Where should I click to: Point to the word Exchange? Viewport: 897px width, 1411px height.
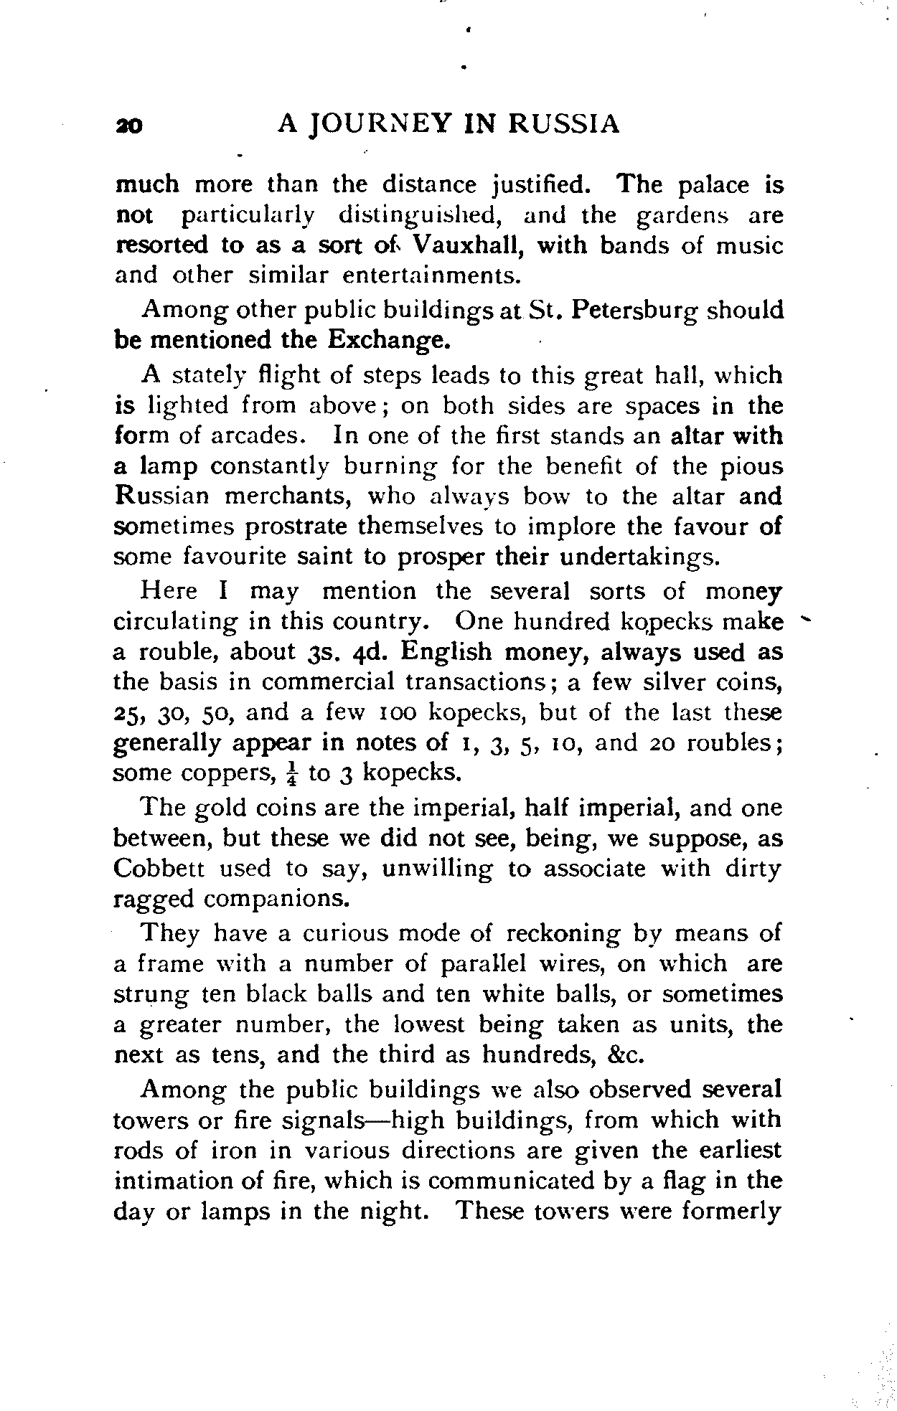(389, 339)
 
